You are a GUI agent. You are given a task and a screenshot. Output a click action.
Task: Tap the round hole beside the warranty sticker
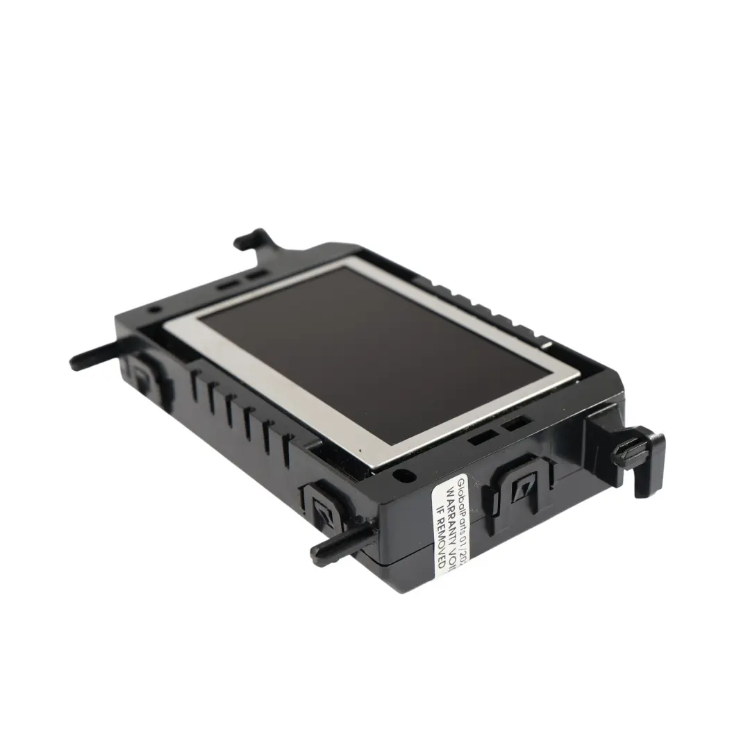402,476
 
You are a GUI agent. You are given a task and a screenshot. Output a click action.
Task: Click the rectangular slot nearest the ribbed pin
517,424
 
